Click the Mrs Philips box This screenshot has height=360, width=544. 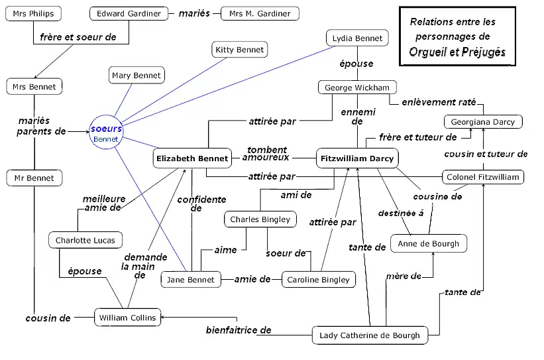33,14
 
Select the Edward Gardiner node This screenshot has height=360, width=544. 129,14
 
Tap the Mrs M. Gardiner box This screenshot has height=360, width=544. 260,14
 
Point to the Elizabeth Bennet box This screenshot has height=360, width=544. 191,158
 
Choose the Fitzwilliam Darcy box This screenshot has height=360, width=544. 357,158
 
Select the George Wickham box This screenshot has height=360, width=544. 357,88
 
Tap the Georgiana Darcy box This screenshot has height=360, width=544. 483,122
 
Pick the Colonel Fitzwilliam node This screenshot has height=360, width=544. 484,177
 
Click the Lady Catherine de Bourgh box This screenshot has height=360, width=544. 370,335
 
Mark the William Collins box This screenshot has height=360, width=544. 127,318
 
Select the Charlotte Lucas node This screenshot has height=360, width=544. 85,240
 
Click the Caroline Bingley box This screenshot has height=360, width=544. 318,280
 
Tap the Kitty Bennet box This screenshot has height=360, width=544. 240,49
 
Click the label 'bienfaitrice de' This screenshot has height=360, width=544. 239,330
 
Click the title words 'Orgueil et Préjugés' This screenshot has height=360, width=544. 457,52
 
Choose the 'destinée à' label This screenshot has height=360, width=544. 401,213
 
